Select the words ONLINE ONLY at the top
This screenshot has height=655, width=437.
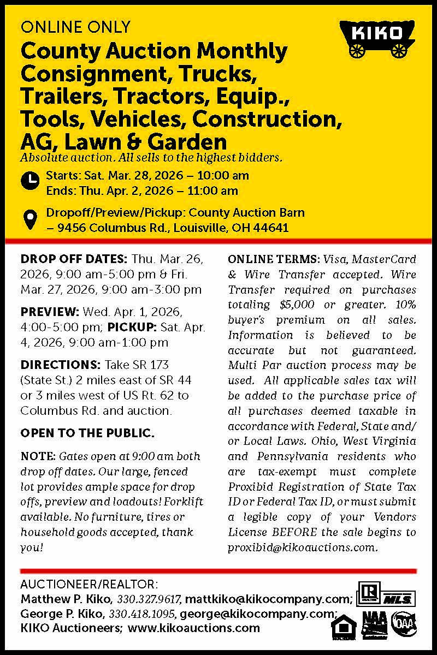tap(75, 26)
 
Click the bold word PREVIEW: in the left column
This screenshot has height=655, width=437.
tap(50, 312)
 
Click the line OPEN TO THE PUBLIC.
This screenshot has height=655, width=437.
tap(87, 434)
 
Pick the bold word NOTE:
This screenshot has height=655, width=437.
tap(37, 456)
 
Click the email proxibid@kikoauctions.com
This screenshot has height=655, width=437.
tap(302, 547)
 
